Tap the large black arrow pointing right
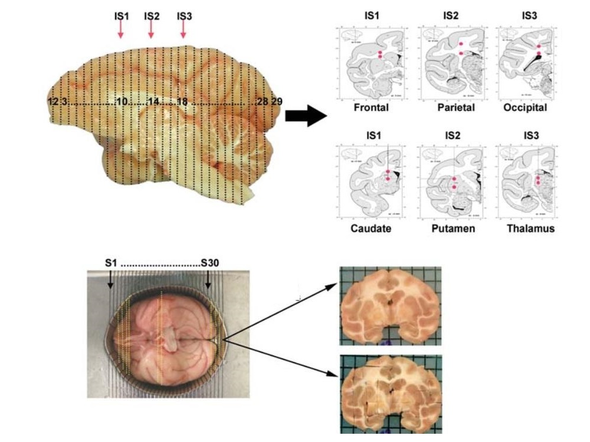pyautogui.click(x=305, y=116)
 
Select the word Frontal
pyautogui.click(x=371, y=108)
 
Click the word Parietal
pyautogui.click(x=455, y=108)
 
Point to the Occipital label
pyautogui.click(x=525, y=108)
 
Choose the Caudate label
pyautogui.click(x=371, y=228)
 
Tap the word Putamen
pyautogui.click(x=453, y=228)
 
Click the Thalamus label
pyautogui.click(x=530, y=228)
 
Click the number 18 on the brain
pyautogui.click(x=182, y=102)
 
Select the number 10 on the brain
pyautogui.click(x=122, y=102)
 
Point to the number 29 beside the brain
pyautogui.click(x=276, y=102)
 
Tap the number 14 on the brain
pyautogui.click(x=153, y=102)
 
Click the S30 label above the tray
pyautogui.click(x=209, y=263)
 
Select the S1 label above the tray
pyautogui.click(x=111, y=263)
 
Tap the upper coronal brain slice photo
pyautogui.click(x=390, y=306)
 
